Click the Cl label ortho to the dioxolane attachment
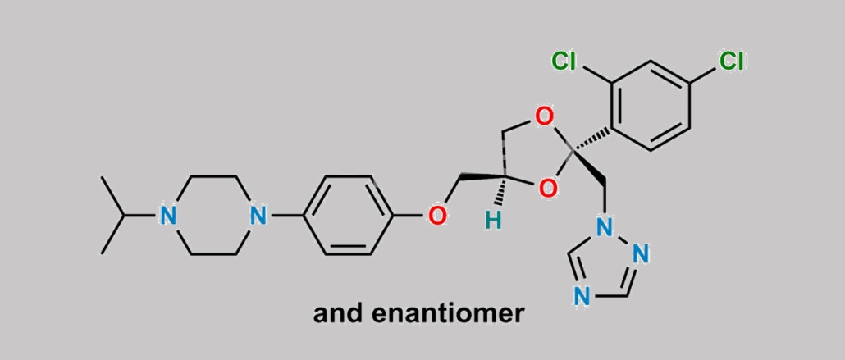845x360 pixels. pyautogui.click(x=564, y=62)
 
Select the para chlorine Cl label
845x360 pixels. pyautogui.click(x=731, y=62)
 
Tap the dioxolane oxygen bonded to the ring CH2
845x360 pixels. pyautogui.click(x=544, y=116)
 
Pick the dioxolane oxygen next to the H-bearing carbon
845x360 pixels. pyautogui.click(x=547, y=189)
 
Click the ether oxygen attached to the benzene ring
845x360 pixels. pyautogui.click(x=437, y=216)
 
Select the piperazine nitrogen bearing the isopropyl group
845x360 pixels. pyautogui.click(x=169, y=216)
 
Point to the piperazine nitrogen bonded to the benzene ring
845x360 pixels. pyautogui.click(x=258, y=216)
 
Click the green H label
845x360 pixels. pyautogui.click(x=493, y=221)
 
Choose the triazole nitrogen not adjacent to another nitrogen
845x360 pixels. pyautogui.click(x=581, y=296)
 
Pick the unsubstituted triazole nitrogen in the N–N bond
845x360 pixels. pyautogui.click(x=642, y=253)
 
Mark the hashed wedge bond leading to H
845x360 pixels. pyautogui.click(x=502, y=190)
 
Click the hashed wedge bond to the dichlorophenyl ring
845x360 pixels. pyautogui.click(x=591, y=139)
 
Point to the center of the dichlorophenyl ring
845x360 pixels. pyautogui.click(x=651, y=105)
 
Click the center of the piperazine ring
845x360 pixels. pyautogui.click(x=213, y=216)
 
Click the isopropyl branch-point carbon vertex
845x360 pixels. pyautogui.click(x=125, y=216)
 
